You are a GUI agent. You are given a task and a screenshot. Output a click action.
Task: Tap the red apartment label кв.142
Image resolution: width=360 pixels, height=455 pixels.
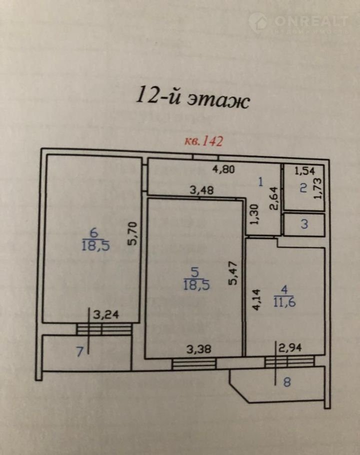point(204,141)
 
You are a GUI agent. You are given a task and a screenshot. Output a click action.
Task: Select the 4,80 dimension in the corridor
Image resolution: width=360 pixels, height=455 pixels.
point(223,169)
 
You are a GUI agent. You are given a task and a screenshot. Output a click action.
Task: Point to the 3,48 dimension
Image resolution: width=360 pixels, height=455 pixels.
point(202,190)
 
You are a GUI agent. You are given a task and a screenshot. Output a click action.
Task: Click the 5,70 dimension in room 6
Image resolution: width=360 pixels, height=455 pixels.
point(132,233)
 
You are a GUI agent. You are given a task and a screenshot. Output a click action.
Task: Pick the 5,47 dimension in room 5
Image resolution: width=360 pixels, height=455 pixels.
point(233,273)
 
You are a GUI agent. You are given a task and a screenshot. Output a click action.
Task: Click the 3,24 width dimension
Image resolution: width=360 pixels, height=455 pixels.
point(106,314)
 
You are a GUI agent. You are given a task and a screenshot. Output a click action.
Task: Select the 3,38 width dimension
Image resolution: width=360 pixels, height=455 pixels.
point(198,349)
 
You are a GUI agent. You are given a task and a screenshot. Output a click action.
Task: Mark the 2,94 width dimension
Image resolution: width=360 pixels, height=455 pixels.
point(290,347)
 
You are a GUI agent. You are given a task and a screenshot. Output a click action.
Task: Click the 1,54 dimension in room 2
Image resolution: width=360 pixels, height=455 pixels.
point(304,171)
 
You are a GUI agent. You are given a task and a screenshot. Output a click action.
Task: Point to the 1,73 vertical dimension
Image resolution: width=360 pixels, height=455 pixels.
point(317,188)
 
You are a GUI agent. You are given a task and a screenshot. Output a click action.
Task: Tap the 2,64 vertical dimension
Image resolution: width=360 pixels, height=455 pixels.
point(273,198)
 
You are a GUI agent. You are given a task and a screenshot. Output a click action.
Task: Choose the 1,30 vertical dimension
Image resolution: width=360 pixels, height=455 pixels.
point(254,214)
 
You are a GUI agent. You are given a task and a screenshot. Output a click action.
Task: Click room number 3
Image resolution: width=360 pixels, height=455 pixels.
point(304,224)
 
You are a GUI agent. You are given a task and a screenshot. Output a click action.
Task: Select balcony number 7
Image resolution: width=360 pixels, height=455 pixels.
point(79,351)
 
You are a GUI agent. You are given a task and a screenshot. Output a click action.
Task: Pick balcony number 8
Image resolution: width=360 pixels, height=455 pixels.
point(286,382)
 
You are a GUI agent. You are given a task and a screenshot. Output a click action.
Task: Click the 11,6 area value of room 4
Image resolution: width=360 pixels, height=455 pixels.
point(284,302)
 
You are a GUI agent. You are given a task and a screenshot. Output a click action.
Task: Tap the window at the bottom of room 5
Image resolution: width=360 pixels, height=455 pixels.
point(194,364)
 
